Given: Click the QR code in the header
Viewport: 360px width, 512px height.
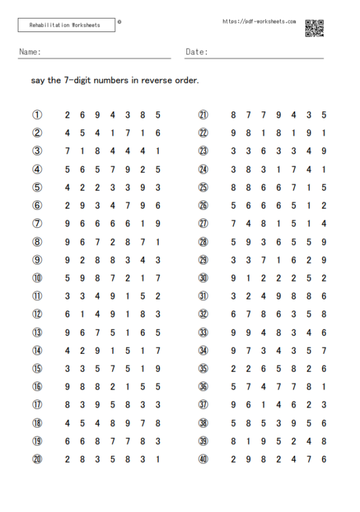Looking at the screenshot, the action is [314, 29].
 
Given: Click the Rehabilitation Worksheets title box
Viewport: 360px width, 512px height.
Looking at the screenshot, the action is [66, 25].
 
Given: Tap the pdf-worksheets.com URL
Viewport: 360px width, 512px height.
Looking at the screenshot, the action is [259, 21].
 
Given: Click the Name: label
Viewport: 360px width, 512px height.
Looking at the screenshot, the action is [30, 52].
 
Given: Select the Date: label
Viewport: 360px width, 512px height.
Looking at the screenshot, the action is [197, 52].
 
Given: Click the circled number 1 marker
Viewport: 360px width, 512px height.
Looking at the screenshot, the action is [37, 115].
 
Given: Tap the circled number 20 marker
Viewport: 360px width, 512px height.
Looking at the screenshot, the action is [37, 458].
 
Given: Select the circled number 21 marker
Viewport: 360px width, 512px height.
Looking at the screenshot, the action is [203, 115].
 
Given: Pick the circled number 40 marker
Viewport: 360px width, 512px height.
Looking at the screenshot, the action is [203, 458].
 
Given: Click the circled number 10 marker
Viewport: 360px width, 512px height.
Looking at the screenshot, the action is [37, 278].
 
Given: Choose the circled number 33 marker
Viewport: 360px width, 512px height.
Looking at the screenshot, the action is [203, 332].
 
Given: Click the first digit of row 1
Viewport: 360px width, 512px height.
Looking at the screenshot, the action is [67, 115].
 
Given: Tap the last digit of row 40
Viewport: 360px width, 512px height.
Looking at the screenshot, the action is [324, 458].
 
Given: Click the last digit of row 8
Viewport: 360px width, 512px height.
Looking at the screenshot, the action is [158, 242].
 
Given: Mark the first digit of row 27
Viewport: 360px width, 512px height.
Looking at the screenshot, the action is [233, 223].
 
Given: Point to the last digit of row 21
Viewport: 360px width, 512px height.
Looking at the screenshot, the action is [324, 115].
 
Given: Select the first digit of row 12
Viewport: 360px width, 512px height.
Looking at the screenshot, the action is [67, 314].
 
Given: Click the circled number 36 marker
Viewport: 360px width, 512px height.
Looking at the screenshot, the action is [203, 386].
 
